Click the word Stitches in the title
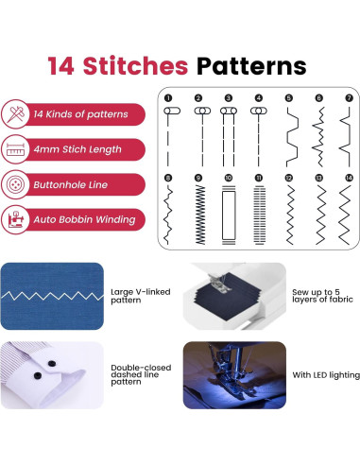click(145, 66)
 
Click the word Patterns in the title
click(252, 66)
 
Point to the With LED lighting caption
click(324, 375)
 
